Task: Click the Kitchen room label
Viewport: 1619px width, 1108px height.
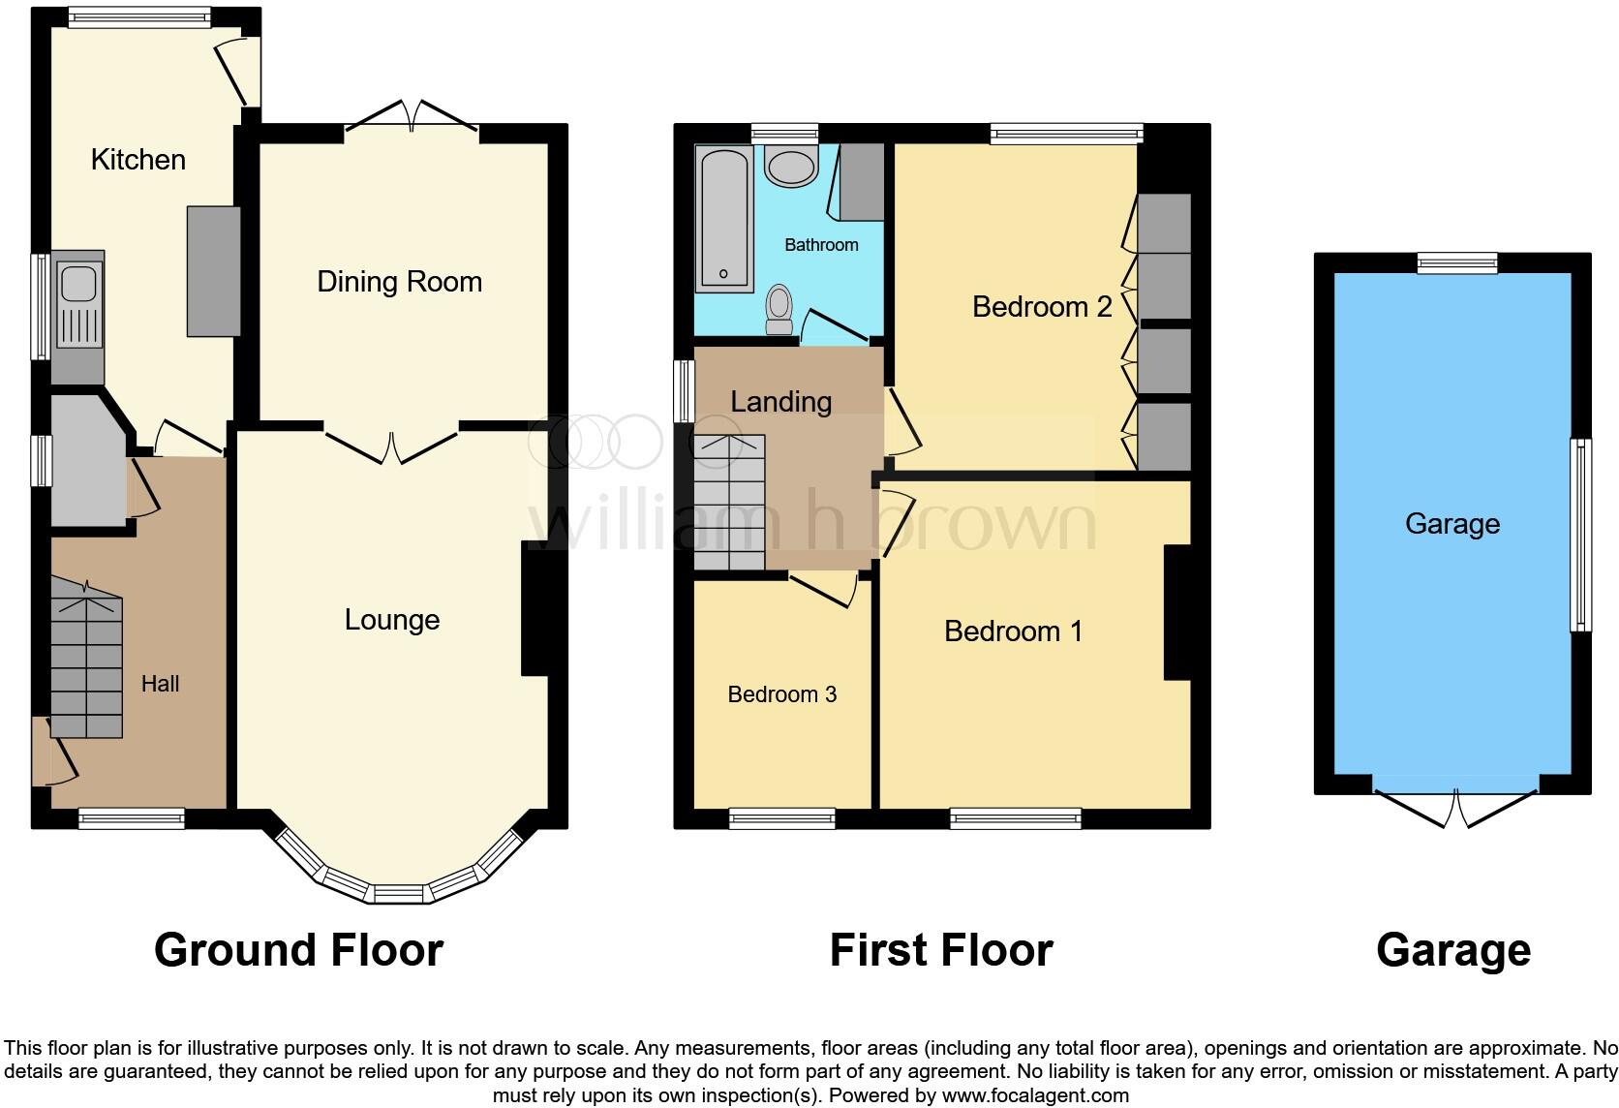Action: coord(137,159)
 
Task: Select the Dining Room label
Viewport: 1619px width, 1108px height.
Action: coord(399,282)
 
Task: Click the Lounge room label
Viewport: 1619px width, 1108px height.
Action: coord(392,620)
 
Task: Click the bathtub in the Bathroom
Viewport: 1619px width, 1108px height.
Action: coord(723,218)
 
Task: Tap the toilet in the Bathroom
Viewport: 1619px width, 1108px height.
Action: coord(779,308)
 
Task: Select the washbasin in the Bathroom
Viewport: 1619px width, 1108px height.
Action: coord(791,167)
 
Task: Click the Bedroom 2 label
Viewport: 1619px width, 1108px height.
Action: coord(1041,307)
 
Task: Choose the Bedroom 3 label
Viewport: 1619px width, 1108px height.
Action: coord(781,694)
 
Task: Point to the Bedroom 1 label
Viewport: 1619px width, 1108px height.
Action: coord(1013,631)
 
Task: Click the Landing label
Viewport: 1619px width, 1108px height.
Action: coord(780,401)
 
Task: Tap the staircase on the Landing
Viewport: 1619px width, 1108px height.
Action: coord(729,504)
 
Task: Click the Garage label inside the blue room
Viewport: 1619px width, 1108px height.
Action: coord(1451,524)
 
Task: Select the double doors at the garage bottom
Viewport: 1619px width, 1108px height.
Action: coord(1455,806)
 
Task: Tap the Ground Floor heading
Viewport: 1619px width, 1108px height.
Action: coord(298,950)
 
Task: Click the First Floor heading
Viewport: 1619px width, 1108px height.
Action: coord(940,950)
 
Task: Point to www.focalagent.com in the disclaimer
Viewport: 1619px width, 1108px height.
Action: coord(1034,1096)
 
